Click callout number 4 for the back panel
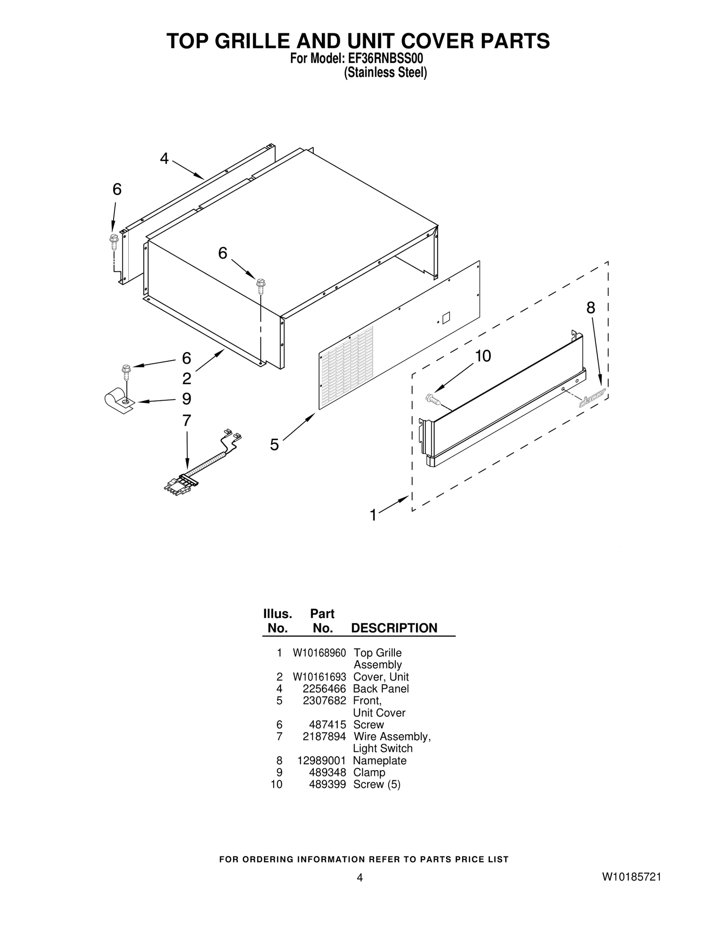point(164,159)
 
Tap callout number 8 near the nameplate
point(591,308)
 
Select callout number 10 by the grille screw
point(483,356)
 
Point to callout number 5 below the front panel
point(274,445)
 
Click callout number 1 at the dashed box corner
point(373,515)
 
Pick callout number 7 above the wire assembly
point(187,421)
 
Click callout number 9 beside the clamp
point(187,399)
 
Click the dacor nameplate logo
point(592,397)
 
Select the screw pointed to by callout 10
point(432,398)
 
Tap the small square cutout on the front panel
point(446,318)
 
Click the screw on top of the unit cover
point(260,285)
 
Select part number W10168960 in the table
point(319,653)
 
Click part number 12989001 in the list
point(321,761)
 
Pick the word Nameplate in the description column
point(380,761)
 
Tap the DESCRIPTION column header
point(394,628)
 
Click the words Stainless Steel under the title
point(385,73)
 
